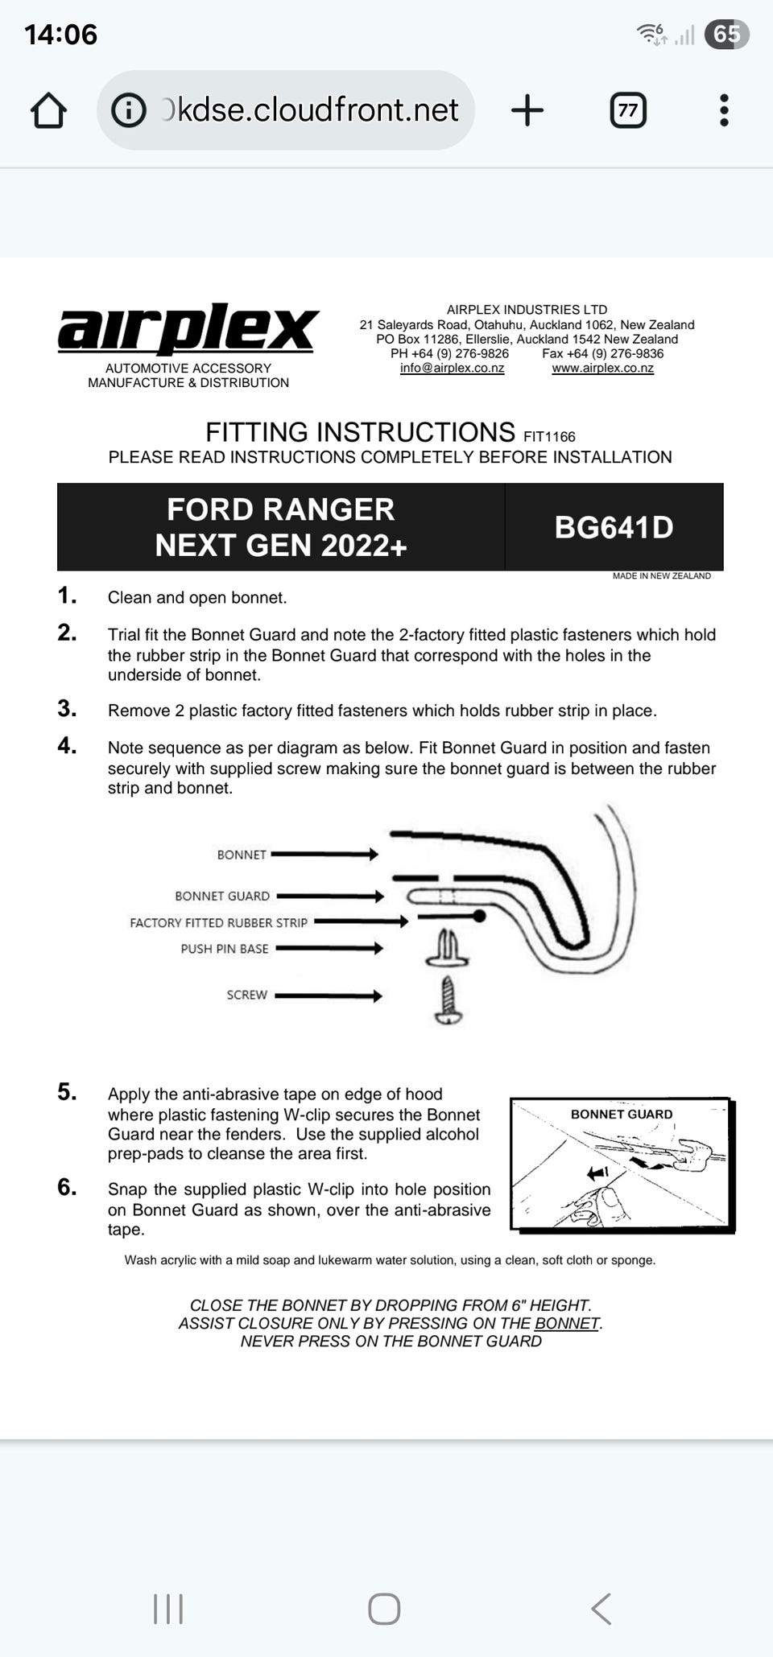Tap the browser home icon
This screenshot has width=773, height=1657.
pos(48,110)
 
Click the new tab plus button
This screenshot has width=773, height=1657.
pos(527,110)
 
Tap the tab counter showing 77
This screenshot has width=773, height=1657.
pos(628,110)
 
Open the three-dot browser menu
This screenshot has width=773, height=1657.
pos(724,110)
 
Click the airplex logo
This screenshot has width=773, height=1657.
pos(188,329)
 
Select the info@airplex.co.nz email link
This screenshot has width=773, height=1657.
pos(452,369)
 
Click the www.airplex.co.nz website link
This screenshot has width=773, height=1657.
pos(602,369)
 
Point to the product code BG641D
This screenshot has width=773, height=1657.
pos(614,528)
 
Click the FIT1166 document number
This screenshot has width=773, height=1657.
pos(549,437)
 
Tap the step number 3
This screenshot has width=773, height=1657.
pos(67,709)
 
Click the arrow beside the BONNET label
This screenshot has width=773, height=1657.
pos(324,854)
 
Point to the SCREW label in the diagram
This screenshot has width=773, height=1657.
pos(246,995)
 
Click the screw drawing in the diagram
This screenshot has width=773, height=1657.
pos(449,1000)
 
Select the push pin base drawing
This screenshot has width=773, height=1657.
pos(448,949)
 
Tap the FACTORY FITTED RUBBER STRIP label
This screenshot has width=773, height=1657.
pos(218,923)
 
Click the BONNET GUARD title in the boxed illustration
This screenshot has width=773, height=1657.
pos(622,1115)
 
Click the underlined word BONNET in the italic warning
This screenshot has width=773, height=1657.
pos(567,1324)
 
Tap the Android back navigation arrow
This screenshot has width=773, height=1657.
pos(601,1609)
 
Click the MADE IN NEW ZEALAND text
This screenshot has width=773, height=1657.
pos(661,576)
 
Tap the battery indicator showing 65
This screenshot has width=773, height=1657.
pos(725,35)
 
